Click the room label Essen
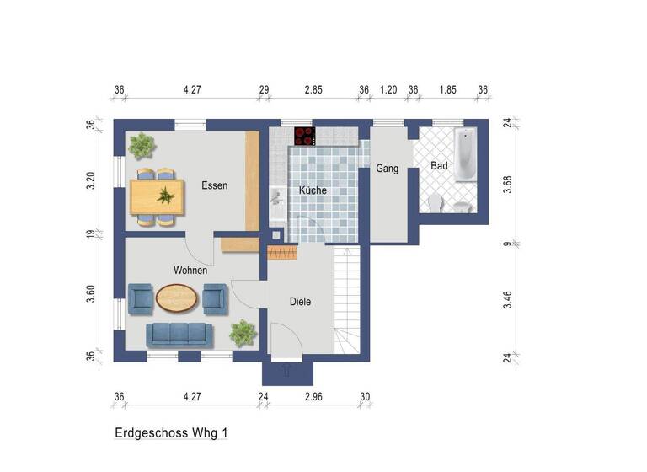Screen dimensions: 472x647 click(215, 185)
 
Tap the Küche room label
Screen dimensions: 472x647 click(313, 190)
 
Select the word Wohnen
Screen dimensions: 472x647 click(190, 271)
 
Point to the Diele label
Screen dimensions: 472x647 click(301, 301)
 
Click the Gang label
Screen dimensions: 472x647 click(387, 169)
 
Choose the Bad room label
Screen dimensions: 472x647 click(439, 166)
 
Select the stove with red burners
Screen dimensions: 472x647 click(304, 136)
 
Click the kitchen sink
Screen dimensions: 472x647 click(275, 197)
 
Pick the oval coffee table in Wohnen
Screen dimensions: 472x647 click(178, 298)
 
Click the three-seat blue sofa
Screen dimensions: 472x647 click(179, 335)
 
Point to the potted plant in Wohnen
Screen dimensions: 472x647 click(243, 331)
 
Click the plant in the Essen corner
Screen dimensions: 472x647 click(142, 145)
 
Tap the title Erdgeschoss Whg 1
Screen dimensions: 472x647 click(171, 432)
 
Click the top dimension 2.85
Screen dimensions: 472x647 click(313, 90)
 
